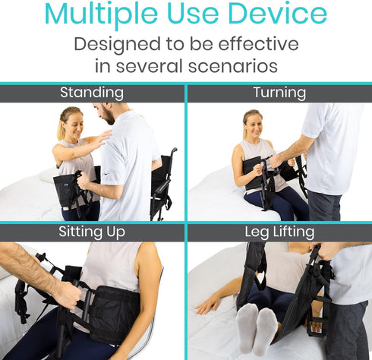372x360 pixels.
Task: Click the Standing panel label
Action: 92,93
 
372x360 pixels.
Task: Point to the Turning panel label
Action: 279,93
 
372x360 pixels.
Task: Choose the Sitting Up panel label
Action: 92,232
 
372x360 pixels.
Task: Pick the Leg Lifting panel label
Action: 279,232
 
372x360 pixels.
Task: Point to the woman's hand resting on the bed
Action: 205,306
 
